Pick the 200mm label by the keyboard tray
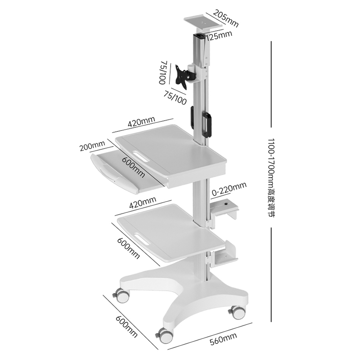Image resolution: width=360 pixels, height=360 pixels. pos(92,146)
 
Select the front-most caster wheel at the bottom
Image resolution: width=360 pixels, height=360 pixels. pos(164,336)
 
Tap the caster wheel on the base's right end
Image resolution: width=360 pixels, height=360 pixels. pos(237,311)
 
